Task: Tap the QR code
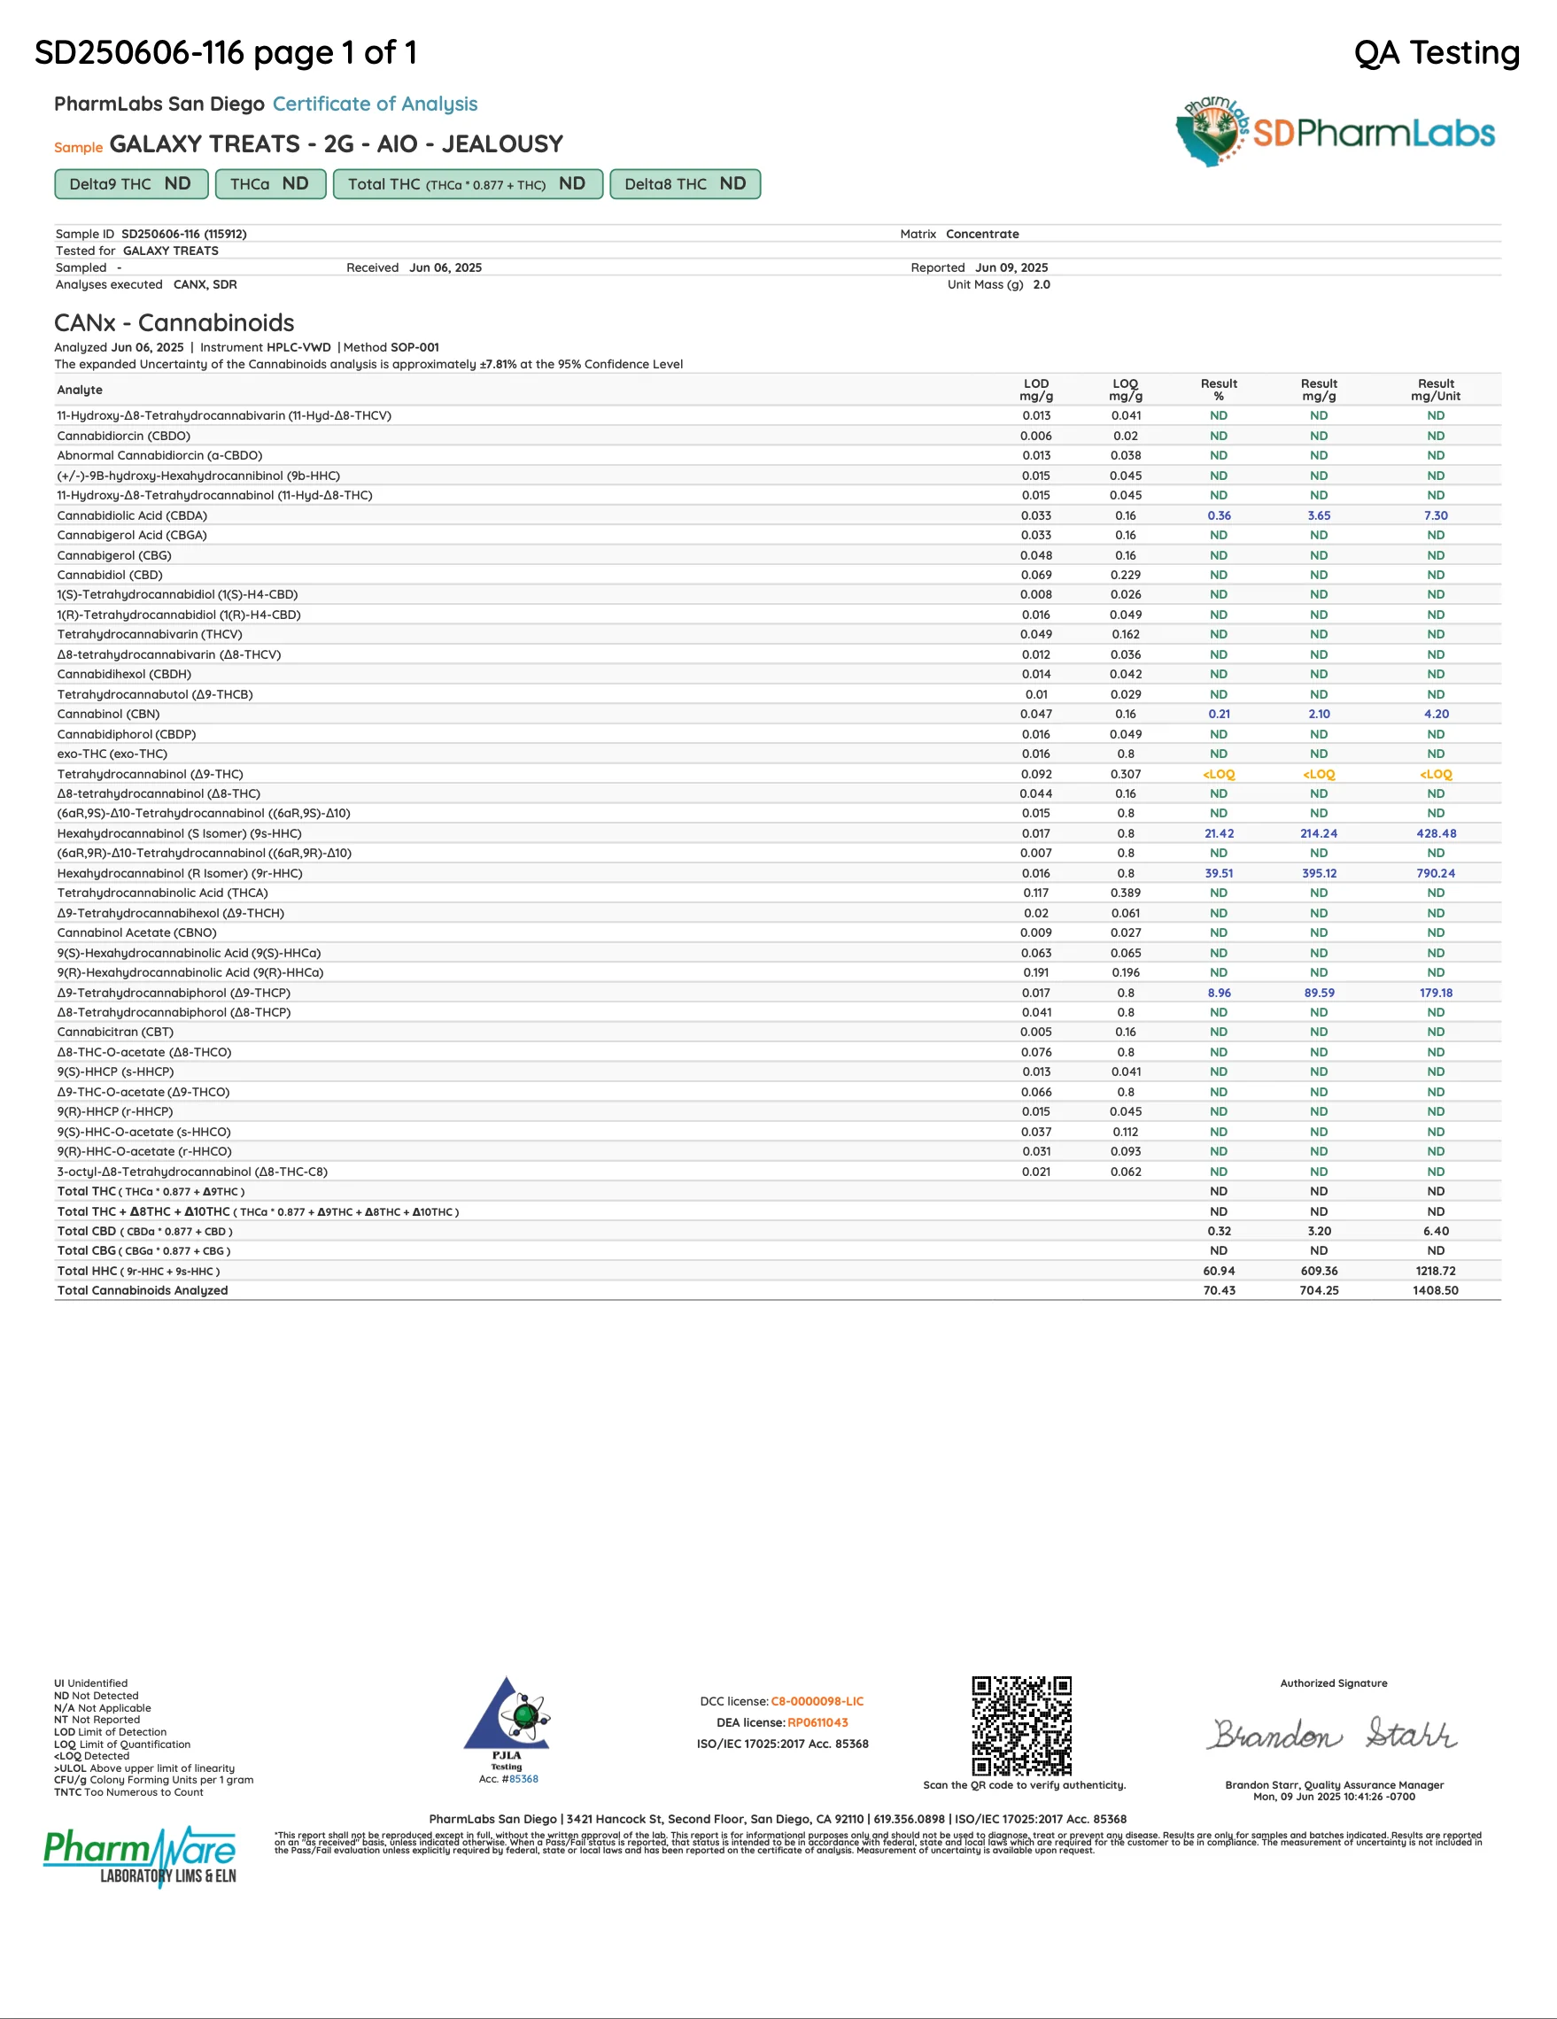pos(1021,1725)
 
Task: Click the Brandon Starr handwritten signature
pos(1333,1734)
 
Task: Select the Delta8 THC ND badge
pos(685,184)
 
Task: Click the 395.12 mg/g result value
pos(1319,872)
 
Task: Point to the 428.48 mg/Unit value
pos(1435,833)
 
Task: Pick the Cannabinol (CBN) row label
pos(108,714)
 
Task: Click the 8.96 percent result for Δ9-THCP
pos(1219,992)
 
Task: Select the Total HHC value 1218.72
pos(1435,1270)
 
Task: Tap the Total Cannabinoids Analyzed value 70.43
pos(1219,1289)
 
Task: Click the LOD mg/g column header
pos(1035,390)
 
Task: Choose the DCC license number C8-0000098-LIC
pos(817,1701)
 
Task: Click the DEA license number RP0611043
pos(817,1722)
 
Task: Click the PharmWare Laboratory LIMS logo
pos(140,1856)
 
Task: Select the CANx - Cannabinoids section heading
pos(174,322)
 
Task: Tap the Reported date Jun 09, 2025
pos(1011,267)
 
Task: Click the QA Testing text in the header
pos(1436,53)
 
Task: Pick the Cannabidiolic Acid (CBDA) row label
pos(132,514)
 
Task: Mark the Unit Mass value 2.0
pos(1041,285)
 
